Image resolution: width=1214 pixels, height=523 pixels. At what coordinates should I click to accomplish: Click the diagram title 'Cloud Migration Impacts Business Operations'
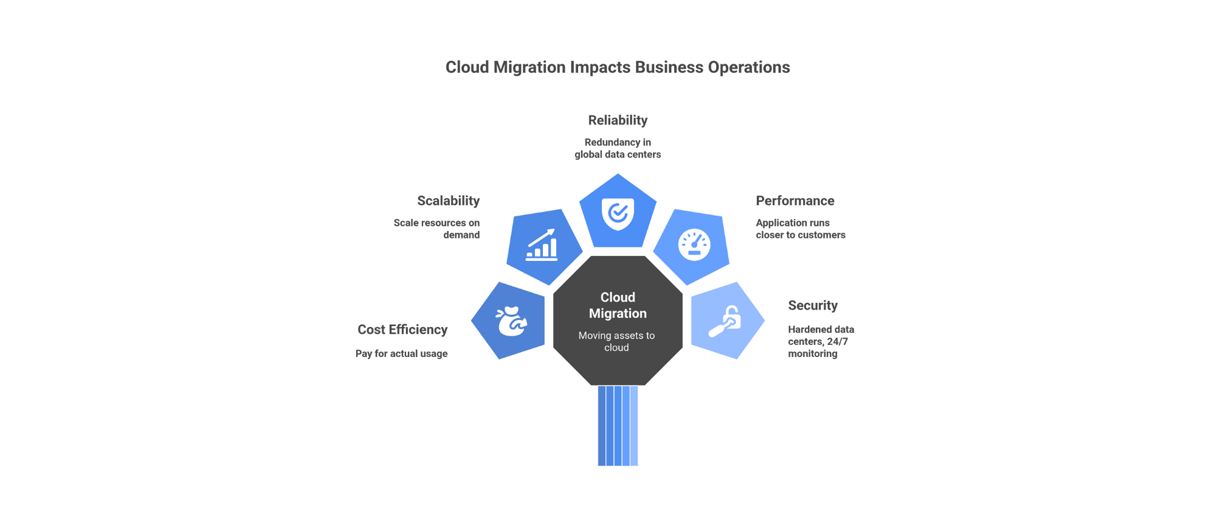pos(617,68)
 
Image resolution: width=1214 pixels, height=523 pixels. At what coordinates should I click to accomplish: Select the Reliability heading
pos(618,120)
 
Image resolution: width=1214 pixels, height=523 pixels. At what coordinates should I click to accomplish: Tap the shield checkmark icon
pos(618,213)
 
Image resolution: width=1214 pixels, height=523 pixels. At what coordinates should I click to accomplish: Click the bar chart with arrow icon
pos(542,244)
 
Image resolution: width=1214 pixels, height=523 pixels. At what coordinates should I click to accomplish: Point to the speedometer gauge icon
pos(694,245)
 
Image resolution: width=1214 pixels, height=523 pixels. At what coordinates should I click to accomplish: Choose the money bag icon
pos(511,321)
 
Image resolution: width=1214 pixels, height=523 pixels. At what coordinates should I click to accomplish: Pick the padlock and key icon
pos(725,321)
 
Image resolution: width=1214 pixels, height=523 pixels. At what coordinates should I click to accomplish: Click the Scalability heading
pos(448,201)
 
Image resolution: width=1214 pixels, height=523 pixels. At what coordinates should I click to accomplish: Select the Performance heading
pos(795,201)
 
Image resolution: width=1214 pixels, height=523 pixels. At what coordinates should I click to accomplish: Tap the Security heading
pos(812,305)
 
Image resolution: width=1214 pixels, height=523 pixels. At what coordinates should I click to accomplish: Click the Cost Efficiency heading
pos(402,330)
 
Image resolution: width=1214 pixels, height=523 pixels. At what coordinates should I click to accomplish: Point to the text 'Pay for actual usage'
pos(401,354)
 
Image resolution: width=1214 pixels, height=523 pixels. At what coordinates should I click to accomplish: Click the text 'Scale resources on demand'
pos(436,229)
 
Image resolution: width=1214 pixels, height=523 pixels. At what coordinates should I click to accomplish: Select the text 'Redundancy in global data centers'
pos(618,148)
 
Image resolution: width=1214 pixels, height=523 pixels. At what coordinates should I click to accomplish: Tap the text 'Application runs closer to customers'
pos(800,229)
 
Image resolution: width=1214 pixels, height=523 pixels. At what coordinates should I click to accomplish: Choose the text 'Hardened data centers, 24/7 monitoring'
pos(821,342)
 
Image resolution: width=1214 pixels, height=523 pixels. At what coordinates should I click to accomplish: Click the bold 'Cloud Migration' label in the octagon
pos(618,305)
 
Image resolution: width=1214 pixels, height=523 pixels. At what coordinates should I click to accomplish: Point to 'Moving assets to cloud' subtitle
pos(616,342)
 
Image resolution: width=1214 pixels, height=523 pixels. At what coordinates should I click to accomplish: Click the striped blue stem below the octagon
pos(618,426)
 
